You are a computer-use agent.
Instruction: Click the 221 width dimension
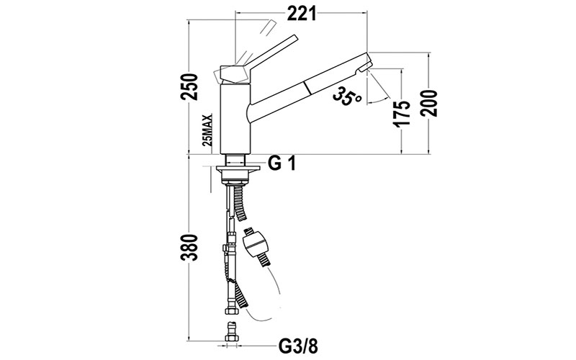[302, 12]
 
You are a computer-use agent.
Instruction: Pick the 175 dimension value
[404, 112]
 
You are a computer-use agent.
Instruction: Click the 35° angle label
[347, 97]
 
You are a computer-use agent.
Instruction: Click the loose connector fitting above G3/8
[232, 333]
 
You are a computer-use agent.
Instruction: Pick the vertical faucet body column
[233, 119]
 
